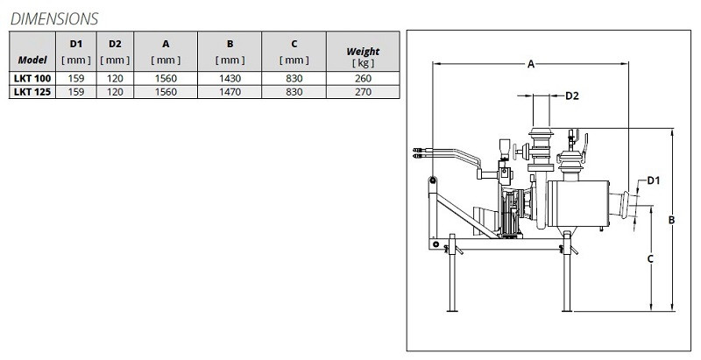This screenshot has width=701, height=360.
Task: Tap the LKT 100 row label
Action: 32,79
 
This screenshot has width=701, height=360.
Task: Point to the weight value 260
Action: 363,79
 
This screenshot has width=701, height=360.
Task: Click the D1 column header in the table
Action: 75,43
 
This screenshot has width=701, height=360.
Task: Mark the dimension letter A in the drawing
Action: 531,64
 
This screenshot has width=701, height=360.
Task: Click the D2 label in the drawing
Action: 571,95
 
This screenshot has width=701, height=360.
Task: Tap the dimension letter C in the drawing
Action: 649,258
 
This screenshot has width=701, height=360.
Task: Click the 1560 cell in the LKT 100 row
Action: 166,79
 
